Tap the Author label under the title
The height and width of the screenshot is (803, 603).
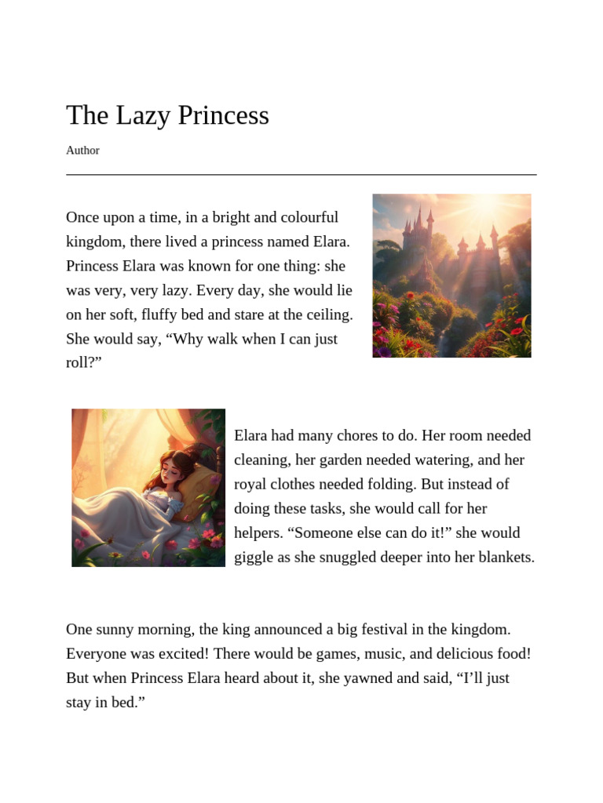[82, 151]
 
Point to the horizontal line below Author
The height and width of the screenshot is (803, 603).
[301, 174]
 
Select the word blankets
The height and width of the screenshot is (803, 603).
[503, 558]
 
